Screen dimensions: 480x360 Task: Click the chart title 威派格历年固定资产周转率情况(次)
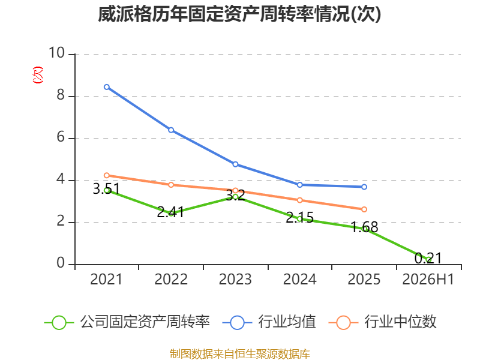239,14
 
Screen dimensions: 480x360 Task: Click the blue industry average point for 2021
107,87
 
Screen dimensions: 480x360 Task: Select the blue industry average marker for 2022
171,130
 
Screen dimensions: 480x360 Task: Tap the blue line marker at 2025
364,187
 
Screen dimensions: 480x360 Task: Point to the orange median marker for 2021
107,175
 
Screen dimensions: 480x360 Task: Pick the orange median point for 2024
299,200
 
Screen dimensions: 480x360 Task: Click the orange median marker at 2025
364,209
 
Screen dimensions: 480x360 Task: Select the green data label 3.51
106,189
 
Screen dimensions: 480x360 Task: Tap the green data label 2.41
170,212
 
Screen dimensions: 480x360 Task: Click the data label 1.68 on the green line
364,227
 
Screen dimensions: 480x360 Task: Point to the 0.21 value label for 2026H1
428,258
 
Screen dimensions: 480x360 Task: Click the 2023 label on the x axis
235,280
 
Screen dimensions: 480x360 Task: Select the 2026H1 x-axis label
428,280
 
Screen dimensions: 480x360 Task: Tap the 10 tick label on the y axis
57,53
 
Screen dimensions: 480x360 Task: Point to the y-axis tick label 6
61,137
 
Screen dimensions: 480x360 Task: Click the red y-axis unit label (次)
38,75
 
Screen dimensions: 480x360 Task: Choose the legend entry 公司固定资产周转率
127,322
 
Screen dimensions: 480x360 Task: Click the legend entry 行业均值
269,322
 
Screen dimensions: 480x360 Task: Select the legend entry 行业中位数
382,322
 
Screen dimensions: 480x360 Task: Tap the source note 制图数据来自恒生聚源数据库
240,354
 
